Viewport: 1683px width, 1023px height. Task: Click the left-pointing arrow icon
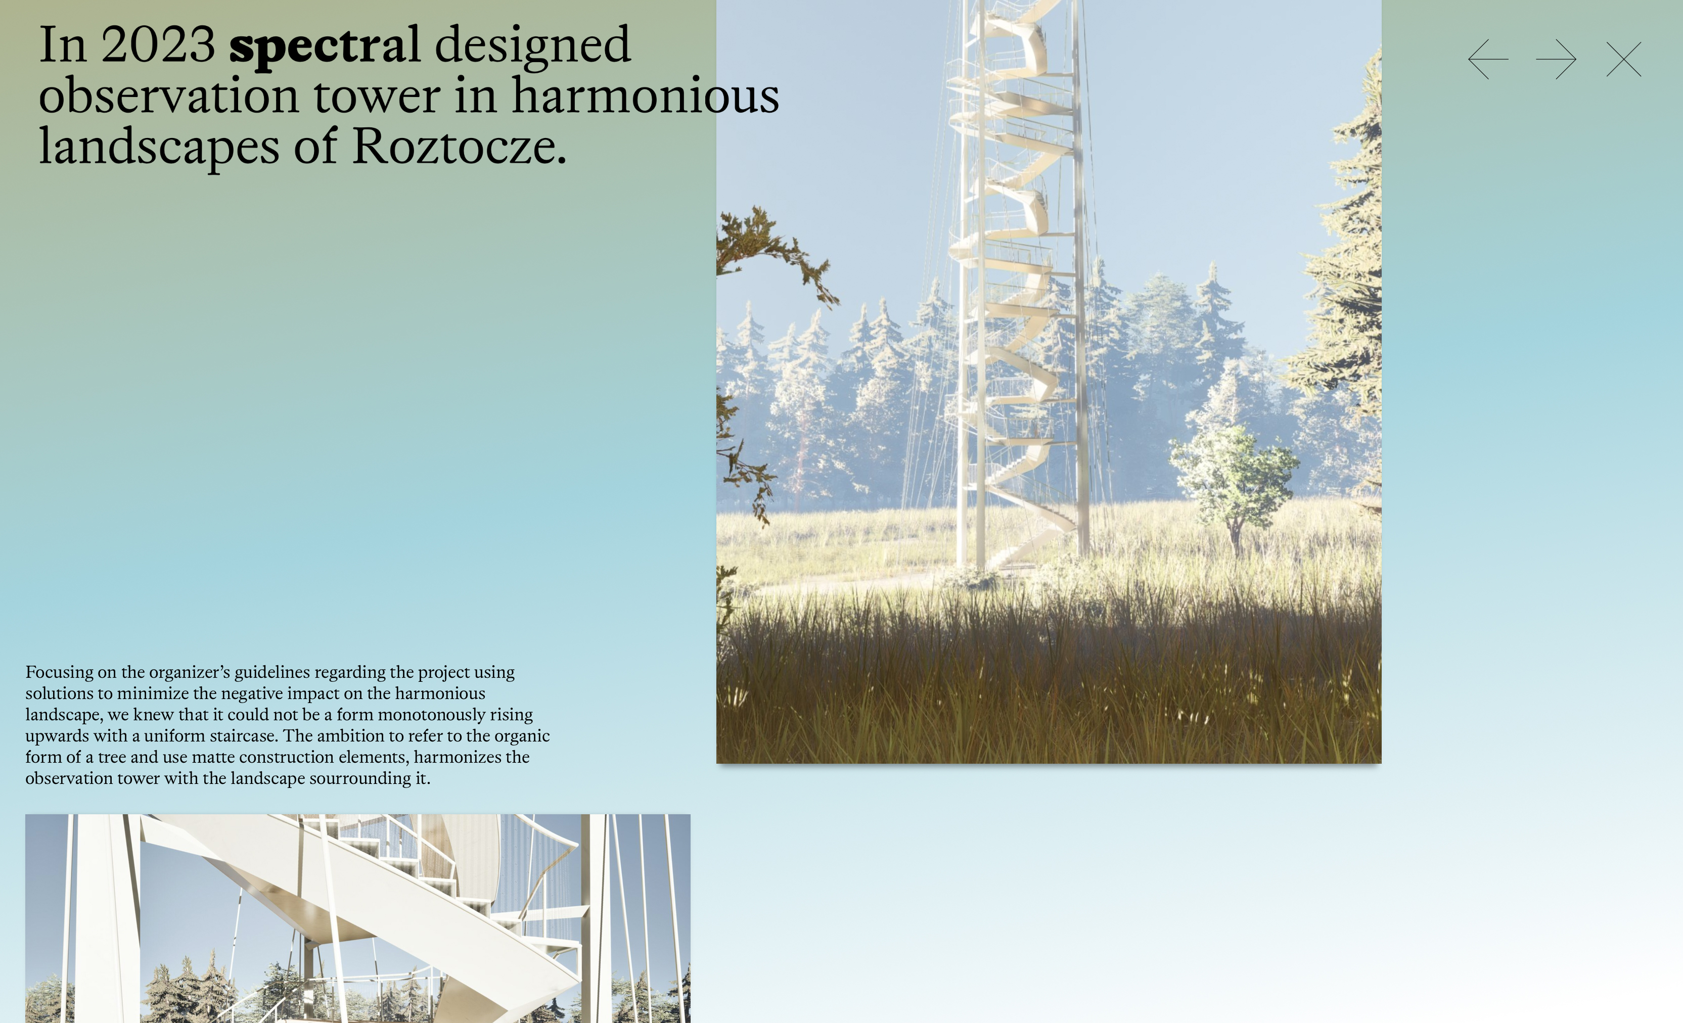1488,60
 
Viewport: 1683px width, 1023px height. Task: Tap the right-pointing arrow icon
1556,60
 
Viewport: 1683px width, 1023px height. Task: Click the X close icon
1623,60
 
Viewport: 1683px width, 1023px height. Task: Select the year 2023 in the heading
158,44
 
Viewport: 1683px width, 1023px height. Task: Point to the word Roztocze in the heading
459,146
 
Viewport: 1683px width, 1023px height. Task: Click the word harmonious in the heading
646,95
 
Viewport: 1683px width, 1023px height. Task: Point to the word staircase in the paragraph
245,736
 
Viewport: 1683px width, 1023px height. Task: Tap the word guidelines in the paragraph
272,673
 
